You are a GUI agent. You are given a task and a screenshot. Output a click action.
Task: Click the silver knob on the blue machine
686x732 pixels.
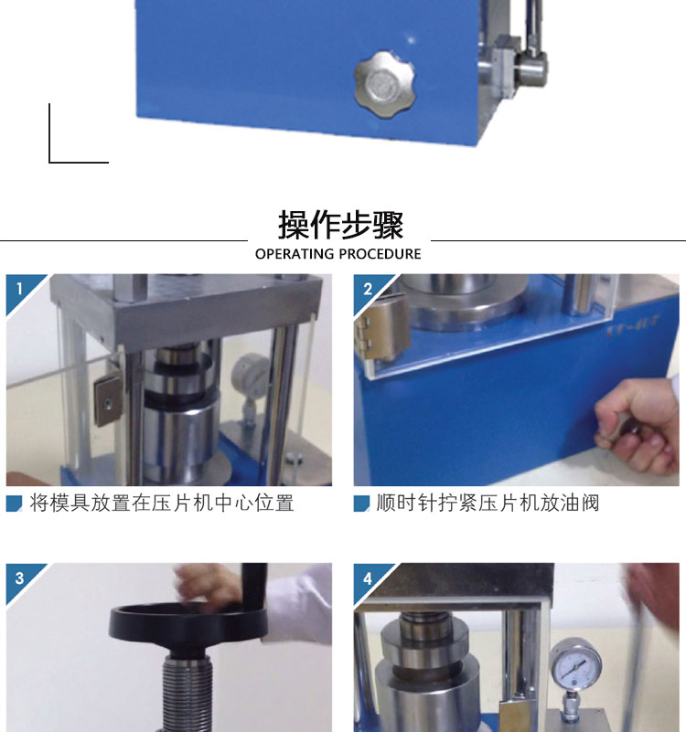(384, 84)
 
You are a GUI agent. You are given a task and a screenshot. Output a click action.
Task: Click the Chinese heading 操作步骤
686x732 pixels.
(340, 225)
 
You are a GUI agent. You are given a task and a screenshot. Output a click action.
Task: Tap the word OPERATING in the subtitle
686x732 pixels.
(295, 254)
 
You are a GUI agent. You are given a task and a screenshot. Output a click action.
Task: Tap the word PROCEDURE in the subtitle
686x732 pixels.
(380, 254)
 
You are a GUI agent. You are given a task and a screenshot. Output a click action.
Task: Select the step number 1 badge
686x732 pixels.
(19, 290)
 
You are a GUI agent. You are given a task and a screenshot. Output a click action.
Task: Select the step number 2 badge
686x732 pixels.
(368, 290)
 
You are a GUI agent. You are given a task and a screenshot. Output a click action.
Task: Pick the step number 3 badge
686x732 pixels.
(19, 578)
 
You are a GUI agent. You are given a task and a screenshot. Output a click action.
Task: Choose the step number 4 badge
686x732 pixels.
(368, 578)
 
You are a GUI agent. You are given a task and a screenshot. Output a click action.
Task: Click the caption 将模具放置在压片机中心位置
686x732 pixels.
(162, 504)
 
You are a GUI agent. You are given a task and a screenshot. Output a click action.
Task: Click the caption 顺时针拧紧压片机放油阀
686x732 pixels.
(488, 504)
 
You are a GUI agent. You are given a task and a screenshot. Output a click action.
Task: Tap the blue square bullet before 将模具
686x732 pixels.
(14, 504)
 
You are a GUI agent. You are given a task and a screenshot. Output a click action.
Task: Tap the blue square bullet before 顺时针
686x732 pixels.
(361, 504)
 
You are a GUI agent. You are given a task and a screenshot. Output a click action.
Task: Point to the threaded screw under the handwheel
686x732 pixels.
(187, 692)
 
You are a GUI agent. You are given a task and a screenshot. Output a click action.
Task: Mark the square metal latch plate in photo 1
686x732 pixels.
(109, 398)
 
